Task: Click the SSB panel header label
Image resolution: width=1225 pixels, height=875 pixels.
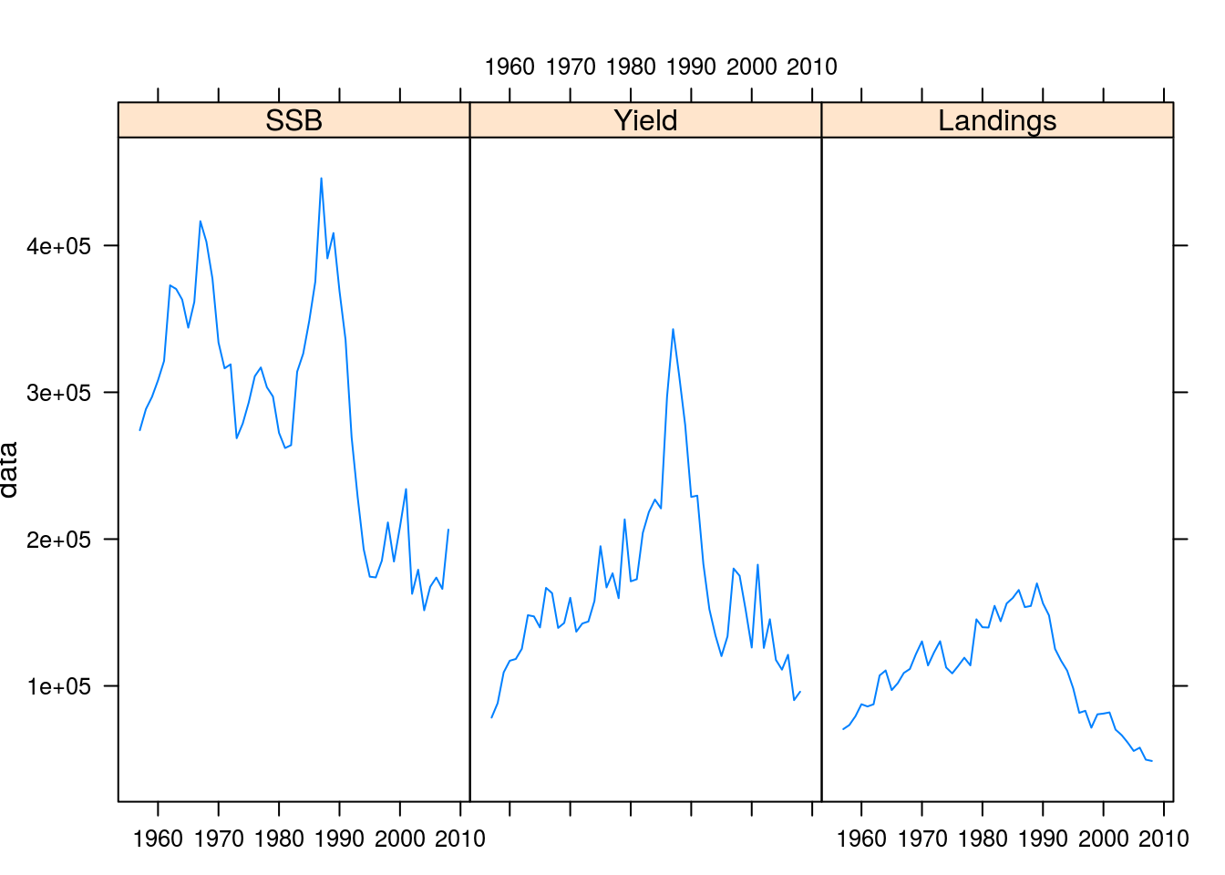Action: pos(293,120)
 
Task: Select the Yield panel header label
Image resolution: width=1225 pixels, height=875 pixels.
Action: pos(645,120)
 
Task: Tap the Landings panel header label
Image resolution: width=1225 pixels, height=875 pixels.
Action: pos(997,120)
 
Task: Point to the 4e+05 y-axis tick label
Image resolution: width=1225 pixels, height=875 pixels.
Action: pos(59,246)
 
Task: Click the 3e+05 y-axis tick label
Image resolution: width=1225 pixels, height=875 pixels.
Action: pos(59,393)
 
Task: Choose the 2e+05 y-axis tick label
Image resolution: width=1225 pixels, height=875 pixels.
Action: pos(59,540)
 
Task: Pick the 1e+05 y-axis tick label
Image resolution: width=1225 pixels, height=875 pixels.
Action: pos(59,686)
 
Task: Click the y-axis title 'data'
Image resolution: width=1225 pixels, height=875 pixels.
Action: pos(10,469)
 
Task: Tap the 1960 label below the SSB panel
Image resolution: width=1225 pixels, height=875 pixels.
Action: pos(159,839)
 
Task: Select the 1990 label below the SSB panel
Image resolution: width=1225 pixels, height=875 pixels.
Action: pos(339,839)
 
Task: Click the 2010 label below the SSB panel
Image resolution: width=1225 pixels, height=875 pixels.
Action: pos(459,839)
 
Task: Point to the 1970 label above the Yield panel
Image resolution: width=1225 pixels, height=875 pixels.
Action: pos(571,67)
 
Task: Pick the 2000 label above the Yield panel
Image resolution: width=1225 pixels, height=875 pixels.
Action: pos(751,67)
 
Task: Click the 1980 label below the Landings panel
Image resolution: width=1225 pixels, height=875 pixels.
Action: pos(983,839)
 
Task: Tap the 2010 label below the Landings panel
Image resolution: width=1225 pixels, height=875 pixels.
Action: pos(1164,839)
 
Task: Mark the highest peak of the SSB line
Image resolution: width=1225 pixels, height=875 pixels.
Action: pos(321,178)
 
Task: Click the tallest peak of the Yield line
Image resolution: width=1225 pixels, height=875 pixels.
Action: pos(673,329)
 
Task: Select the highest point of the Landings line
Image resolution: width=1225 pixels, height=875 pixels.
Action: pos(1037,583)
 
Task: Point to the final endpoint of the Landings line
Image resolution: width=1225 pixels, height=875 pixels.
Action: pos(1152,761)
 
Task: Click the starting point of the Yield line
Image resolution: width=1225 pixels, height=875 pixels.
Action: pos(491,718)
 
